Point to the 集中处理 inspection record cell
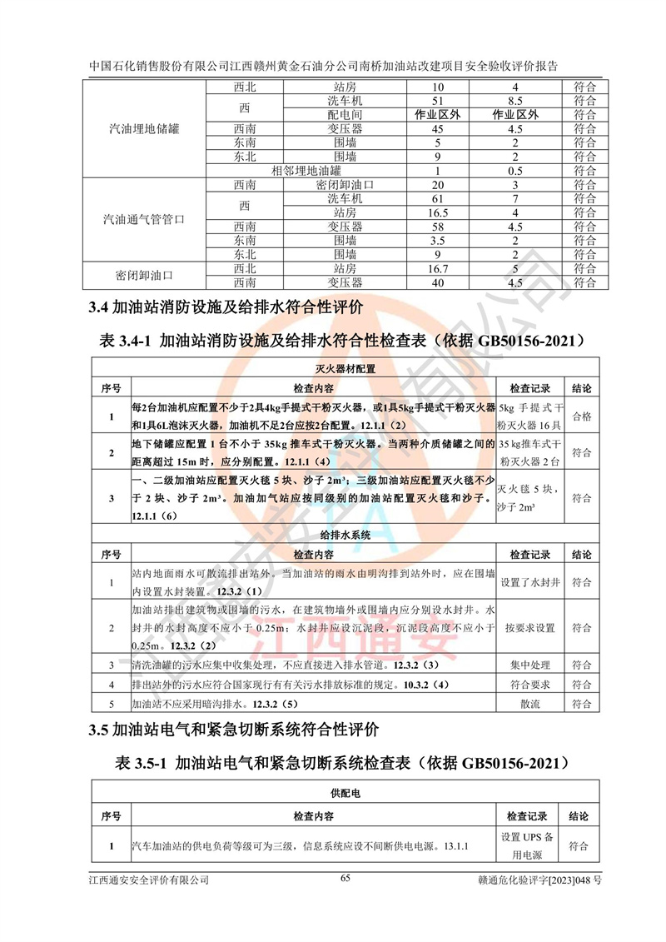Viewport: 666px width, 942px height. point(532,665)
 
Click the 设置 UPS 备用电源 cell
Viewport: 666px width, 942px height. point(532,846)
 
